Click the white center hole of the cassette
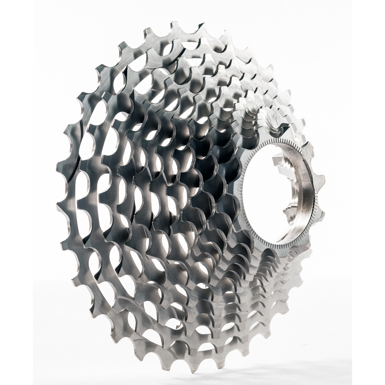click(x=266, y=192)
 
